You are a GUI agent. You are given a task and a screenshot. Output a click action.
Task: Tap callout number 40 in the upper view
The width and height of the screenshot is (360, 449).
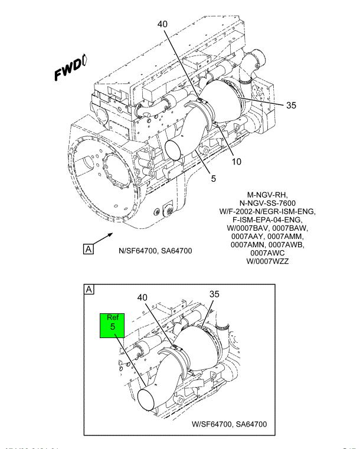(163, 24)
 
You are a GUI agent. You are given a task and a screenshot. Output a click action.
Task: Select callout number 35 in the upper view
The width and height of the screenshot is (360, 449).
(290, 106)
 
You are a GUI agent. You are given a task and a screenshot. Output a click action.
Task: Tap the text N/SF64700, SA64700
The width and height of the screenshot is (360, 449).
(156, 251)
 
